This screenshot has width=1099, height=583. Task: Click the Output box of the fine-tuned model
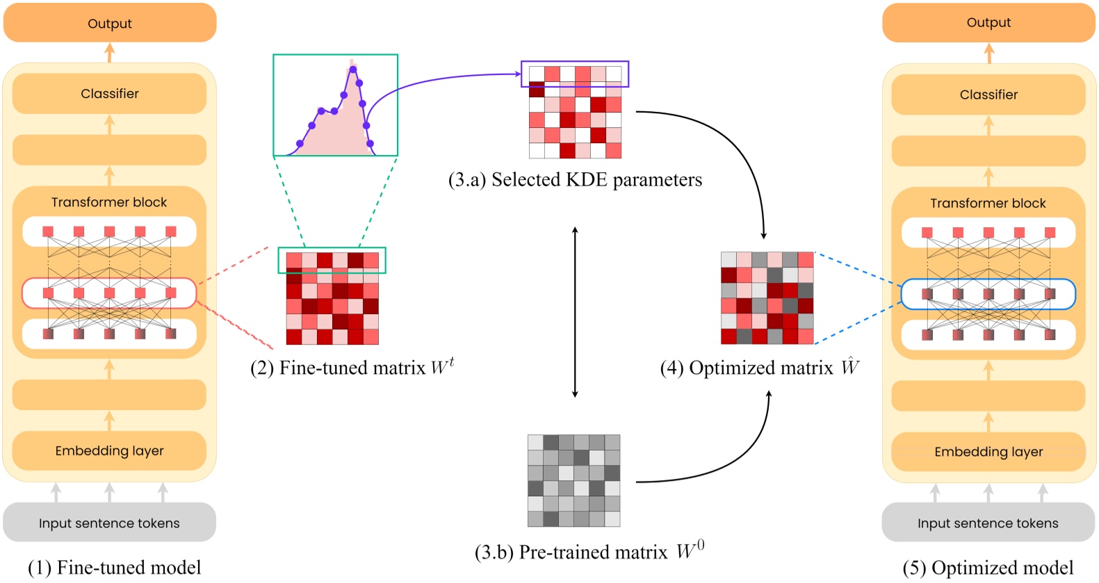110,23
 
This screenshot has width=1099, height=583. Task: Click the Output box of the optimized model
988,22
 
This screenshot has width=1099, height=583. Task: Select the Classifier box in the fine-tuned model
110,94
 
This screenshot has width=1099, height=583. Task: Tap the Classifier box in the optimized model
988,95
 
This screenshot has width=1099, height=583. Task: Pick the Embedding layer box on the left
110,451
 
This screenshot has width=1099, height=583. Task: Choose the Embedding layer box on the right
988,452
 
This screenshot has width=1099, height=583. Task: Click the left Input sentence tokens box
109,523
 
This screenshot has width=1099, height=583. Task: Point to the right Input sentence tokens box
988,523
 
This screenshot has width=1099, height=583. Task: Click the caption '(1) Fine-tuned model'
115,568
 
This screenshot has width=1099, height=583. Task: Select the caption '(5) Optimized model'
988,568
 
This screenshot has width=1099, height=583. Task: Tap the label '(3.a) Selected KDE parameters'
575,179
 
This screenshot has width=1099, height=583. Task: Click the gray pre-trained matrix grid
573,481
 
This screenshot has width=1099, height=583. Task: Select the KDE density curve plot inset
335,105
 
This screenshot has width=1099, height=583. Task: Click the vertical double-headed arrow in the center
575,312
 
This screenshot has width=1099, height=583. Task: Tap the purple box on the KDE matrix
575,74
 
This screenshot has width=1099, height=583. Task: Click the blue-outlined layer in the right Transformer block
988,294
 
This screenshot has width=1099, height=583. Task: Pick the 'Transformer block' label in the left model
109,202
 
